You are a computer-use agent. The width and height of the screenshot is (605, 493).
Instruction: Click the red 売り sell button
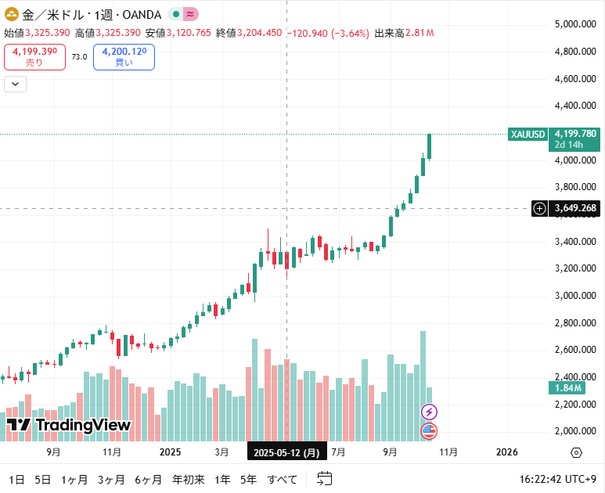coord(34,57)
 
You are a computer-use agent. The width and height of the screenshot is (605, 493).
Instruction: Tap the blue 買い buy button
coord(124,57)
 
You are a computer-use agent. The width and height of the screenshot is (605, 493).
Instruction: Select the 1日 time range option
coord(16,479)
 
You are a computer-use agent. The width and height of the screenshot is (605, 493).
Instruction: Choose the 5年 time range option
coord(248,479)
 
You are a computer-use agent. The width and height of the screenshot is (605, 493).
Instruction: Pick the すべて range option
coord(283,479)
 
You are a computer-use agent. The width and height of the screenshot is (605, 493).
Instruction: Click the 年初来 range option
coord(188,479)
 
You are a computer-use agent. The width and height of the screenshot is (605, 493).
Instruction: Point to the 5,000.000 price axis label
coord(576,24)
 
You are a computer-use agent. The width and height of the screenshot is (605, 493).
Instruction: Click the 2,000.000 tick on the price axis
coord(576,431)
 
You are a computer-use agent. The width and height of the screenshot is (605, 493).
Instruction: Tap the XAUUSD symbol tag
coord(528,134)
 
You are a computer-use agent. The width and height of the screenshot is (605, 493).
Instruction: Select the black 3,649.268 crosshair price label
coord(575,208)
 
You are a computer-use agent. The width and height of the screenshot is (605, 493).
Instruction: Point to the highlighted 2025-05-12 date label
coord(286,452)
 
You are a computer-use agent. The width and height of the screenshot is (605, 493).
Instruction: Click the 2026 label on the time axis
coord(507,452)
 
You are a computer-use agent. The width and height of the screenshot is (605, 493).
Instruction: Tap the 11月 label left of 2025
coord(111,452)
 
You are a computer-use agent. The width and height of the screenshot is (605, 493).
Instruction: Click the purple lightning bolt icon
coord(429,412)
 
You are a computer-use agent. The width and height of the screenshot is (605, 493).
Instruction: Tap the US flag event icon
coord(429,430)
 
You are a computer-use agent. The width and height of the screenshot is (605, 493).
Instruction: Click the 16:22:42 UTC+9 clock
coord(558,479)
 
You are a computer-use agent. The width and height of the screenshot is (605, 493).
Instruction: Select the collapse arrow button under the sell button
coord(16,84)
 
